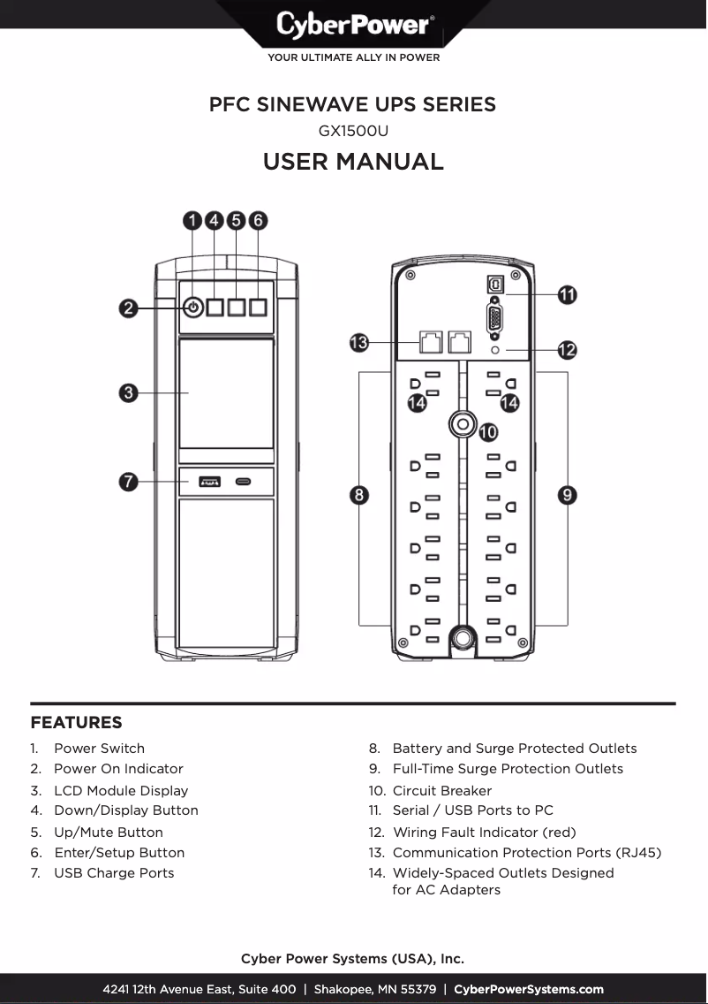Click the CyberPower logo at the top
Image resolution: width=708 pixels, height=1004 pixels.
(354, 24)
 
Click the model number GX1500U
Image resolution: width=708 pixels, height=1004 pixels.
(353, 131)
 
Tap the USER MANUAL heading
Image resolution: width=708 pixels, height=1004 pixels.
(353, 162)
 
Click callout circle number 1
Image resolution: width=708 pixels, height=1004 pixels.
(193, 220)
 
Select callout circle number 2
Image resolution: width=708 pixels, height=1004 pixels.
(129, 308)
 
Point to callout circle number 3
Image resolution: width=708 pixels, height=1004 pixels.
(129, 392)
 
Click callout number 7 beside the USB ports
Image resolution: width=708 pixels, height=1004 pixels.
(129, 482)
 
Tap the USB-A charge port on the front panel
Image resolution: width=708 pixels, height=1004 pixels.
(209, 482)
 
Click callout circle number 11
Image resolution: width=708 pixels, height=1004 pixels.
(567, 294)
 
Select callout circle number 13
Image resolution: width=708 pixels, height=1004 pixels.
(358, 343)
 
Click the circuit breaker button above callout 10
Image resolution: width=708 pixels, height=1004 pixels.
(460, 425)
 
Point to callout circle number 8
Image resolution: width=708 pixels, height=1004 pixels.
(359, 495)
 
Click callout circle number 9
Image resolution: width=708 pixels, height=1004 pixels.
(568, 495)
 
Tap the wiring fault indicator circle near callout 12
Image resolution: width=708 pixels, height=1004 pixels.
(494, 351)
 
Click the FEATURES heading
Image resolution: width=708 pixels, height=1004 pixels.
(76, 723)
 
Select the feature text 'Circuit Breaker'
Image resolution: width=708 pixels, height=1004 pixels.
(441, 791)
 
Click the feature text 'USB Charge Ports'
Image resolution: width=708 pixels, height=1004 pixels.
(114, 873)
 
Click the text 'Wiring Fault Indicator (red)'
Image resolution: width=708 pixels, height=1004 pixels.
(484, 833)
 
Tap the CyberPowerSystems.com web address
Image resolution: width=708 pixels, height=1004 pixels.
(529, 989)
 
